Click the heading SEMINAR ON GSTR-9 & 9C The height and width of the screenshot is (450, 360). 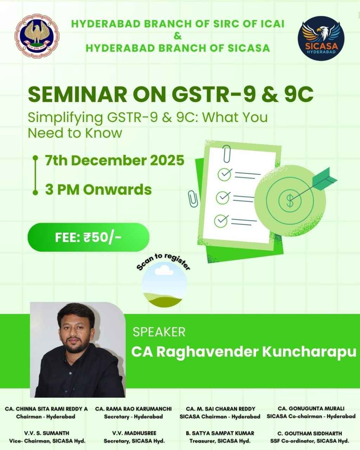(x=171, y=95)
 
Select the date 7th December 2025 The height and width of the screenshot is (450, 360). (x=115, y=160)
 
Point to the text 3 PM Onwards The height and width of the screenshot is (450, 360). (x=98, y=189)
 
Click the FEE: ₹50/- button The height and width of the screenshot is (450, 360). (x=88, y=237)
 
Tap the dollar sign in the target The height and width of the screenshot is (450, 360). (x=290, y=201)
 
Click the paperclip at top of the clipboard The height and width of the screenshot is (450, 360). (x=227, y=153)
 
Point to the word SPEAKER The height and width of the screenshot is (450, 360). (x=159, y=332)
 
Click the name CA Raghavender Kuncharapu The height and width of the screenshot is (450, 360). (x=244, y=352)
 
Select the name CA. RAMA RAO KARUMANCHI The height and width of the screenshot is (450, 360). (x=134, y=409)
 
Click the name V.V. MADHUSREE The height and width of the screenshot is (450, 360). (x=134, y=433)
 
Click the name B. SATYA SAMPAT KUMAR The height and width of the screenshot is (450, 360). (x=220, y=433)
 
